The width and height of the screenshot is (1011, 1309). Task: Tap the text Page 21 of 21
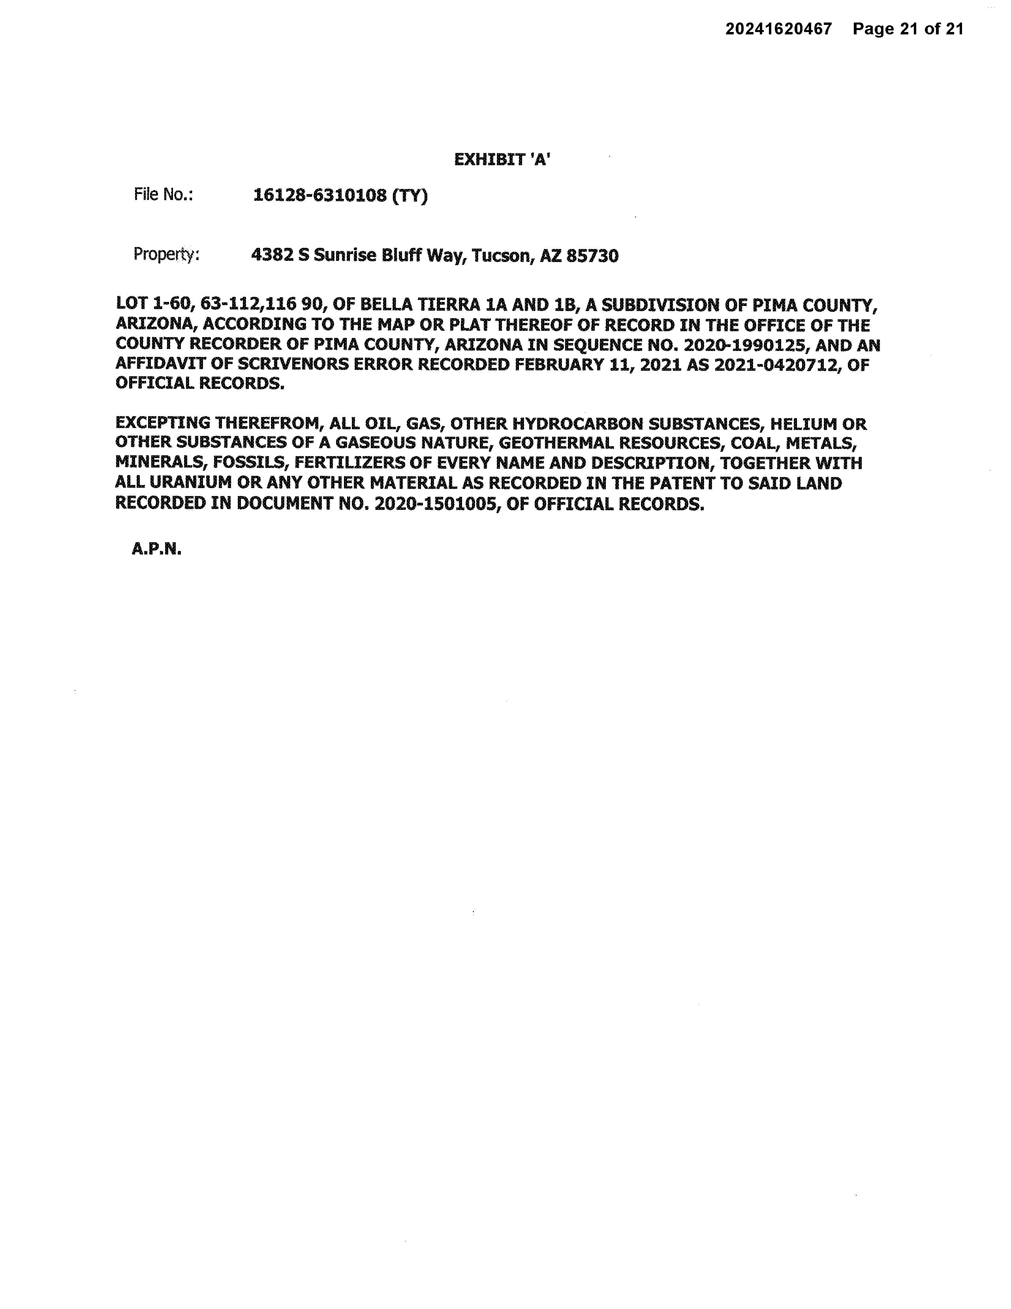(x=908, y=29)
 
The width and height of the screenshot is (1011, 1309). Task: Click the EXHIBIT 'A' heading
(x=502, y=159)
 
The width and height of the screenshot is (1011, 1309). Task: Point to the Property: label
(x=166, y=255)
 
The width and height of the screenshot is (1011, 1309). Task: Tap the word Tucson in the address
(x=501, y=256)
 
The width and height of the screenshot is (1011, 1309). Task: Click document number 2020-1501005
(x=436, y=504)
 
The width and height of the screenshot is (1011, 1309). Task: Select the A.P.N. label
(x=156, y=549)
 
